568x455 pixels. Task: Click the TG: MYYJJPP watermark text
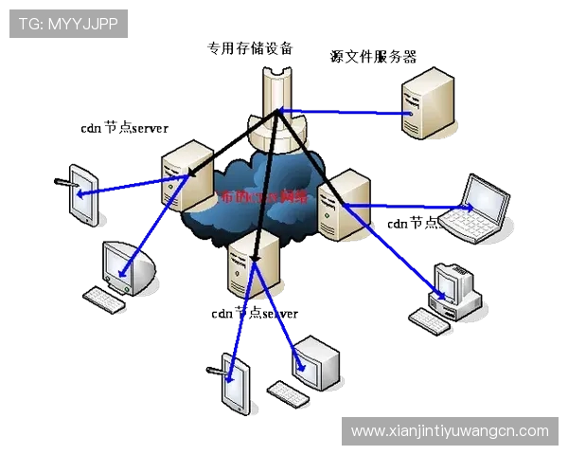tap(68, 24)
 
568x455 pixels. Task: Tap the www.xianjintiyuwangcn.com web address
tap(450, 430)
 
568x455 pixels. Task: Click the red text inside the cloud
tap(263, 198)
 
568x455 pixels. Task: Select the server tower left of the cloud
tap(186, 175)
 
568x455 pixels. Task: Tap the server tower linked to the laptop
tap(339, 204)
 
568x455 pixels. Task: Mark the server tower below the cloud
tap(255, 264)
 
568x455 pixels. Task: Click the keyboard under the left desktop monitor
tap(104, 300)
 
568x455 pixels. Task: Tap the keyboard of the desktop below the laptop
tap(431, 319)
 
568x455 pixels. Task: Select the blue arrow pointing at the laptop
tap(407, 205)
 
